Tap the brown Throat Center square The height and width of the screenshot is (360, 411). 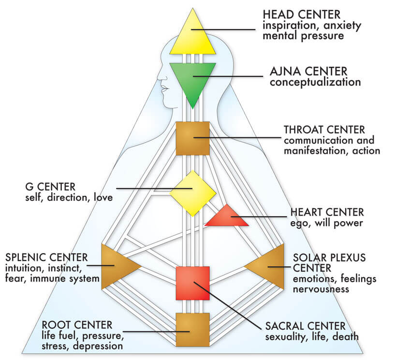(192, 138)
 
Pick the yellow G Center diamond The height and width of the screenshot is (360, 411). (192, 193)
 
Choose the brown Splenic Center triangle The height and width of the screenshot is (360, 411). (116, 266)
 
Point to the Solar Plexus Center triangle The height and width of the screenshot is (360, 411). (268, 266)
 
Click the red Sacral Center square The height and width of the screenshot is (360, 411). (192, 283)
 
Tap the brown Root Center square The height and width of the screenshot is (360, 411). (192, 329)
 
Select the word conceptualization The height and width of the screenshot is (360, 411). (315, 82)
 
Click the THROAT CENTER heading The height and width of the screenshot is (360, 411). (324, 130)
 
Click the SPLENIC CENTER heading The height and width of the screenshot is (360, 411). (46, 256)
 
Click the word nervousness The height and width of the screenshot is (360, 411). (322, 289)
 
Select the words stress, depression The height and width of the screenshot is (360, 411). (82, 345)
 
